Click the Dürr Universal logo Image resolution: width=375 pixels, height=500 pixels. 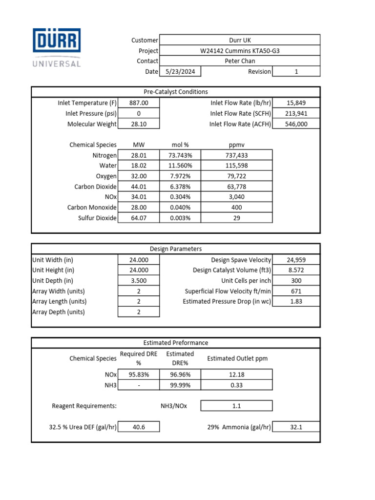57,47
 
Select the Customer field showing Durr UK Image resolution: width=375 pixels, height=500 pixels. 239,40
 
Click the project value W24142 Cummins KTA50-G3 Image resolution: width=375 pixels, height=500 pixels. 239,51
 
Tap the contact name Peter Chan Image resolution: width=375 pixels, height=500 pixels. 239,61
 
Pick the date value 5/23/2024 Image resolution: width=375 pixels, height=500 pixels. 180,71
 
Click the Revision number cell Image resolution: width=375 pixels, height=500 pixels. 296,71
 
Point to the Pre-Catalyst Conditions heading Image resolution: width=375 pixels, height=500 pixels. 175,92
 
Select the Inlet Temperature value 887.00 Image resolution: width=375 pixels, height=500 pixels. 139,103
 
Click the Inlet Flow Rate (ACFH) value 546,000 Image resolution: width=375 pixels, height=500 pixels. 296,124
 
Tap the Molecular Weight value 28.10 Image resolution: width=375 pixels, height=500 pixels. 139,124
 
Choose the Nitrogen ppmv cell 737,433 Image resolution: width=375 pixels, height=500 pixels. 236,155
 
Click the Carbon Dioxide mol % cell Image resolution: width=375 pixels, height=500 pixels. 180,187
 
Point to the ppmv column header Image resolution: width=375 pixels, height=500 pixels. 236,145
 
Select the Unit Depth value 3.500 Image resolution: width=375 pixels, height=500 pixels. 139,281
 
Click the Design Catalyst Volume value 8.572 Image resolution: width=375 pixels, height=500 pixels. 296,270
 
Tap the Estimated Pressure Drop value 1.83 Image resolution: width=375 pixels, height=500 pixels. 296,301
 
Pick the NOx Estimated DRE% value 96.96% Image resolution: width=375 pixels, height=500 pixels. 180,375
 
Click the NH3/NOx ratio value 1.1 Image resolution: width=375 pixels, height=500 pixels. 236,406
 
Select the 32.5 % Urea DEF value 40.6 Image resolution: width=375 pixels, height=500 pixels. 139,427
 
